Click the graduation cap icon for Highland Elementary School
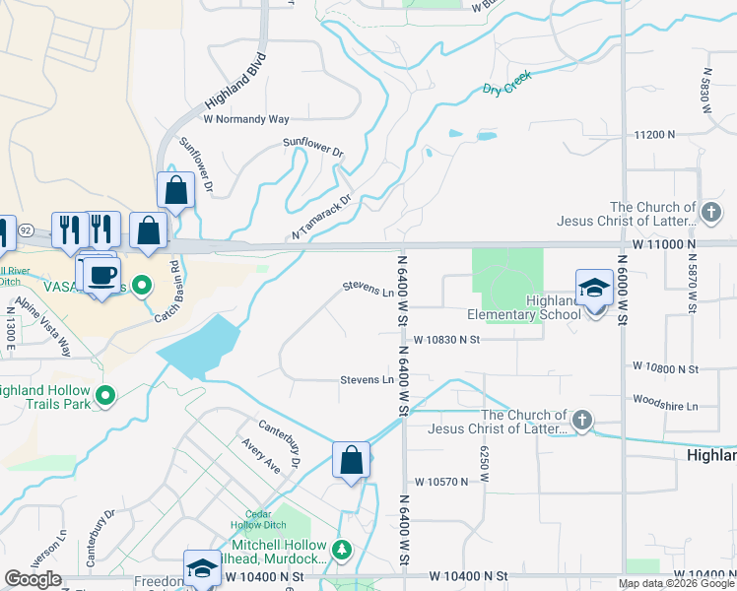point(594,289)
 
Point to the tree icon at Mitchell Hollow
point(341,549)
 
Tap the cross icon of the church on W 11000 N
point(709,212)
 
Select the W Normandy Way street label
point(246,119)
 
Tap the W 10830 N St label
point(445,339)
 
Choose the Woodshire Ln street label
point(664,405)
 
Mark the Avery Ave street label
point(261,456)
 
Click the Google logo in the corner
point(33,579)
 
